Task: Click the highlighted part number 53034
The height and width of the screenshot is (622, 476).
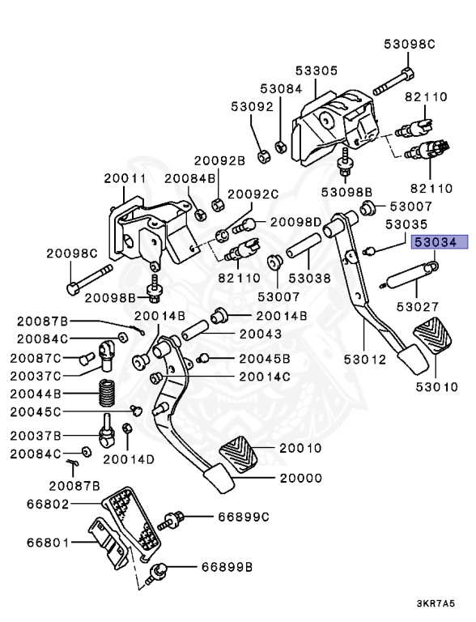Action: (436, 241)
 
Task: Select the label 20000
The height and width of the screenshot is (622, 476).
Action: (300, 479)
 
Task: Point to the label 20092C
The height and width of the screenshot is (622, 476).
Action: (252, 194)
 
